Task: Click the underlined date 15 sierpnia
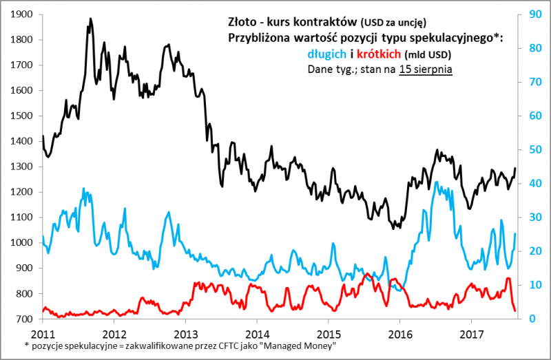425,70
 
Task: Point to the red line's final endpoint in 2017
514,310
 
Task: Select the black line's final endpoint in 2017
514,168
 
